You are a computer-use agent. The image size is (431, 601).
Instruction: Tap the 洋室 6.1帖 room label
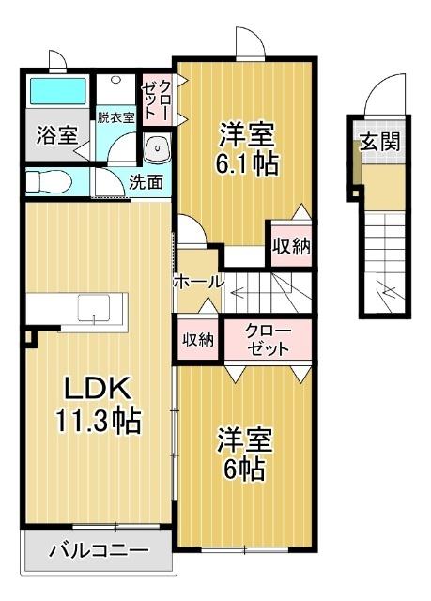coord(248,147)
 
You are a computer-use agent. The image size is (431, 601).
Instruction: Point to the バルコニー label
coord(99,549)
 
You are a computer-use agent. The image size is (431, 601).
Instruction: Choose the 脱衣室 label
coord(115,117)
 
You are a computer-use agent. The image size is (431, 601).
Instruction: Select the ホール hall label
coord(196,281)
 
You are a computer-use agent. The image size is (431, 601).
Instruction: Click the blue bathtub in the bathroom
coord(56,92)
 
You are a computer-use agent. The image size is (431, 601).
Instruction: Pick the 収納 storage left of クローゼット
coord(198,340)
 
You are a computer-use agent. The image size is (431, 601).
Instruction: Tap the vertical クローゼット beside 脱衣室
coord(157,98)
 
